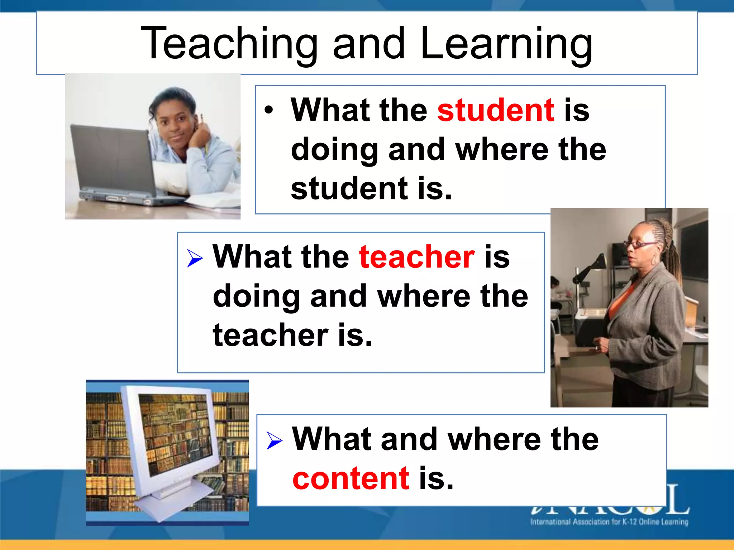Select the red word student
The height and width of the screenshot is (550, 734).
(x=495, y=110)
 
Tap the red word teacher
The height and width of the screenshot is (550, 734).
(x=417, y=257)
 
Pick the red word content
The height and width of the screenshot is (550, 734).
(x=351, y=478)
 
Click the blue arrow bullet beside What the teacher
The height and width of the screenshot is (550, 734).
(x=195, y=258)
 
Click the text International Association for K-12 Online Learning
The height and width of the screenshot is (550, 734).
(x=609, y=522)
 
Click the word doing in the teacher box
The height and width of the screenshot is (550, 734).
(x=256, y=296)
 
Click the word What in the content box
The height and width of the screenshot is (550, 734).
(x=332, y=439)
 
